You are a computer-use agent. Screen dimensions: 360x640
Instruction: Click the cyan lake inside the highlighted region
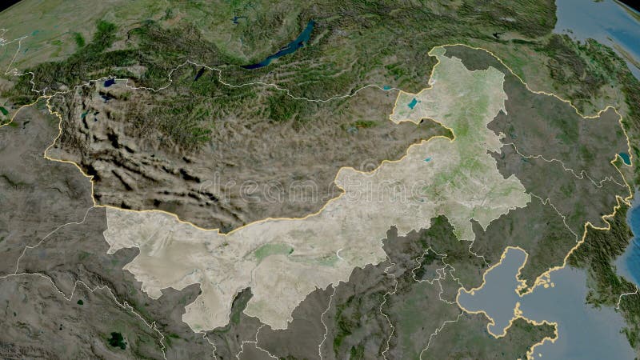click(x=413, y=103)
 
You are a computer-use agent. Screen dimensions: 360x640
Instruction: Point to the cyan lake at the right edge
click(x=624, y=158)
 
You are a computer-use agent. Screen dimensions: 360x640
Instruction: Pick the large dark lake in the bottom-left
click(x=117, y=339)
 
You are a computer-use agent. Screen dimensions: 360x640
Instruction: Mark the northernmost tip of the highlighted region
click(x=436, y=50)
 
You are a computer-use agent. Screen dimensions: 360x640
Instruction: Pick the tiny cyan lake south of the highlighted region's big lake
click(x=430, y=159)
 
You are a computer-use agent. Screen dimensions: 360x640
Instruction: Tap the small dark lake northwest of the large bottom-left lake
click(x=79, y=302)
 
